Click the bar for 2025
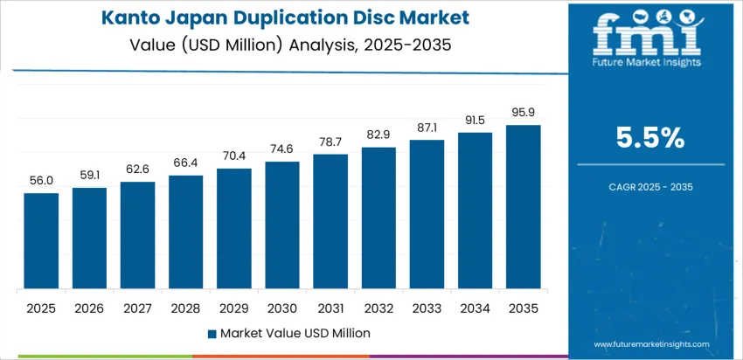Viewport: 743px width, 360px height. (41, 241)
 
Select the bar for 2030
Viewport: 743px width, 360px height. (282, 225)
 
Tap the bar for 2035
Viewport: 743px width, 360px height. (523, 207)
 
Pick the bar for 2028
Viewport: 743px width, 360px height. (185, 232)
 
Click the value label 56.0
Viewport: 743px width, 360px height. (41, 181)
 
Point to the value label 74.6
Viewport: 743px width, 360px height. (282, 149)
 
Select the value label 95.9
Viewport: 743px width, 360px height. (523, 113)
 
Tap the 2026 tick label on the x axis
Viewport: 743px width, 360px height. (89, 308)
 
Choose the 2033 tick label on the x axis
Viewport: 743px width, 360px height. (427, 308)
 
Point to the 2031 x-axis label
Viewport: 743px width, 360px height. (330, 308)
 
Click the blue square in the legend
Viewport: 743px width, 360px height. (212, 334)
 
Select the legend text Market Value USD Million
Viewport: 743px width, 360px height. (295, 333)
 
